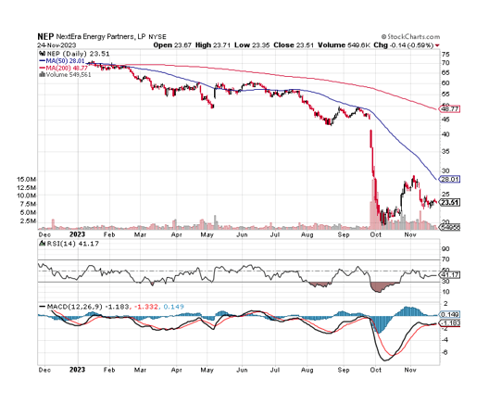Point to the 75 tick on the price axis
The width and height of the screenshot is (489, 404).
tap(445, 55)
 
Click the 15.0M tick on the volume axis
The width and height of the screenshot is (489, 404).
tap(25, 179)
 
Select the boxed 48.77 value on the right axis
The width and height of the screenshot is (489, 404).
tap(449, 109)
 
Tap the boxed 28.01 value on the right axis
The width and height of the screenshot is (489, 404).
tap(449, 179)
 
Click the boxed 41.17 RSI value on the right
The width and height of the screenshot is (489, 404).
tap(449, 274)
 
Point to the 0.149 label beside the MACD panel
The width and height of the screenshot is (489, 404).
tap(449, 314)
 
